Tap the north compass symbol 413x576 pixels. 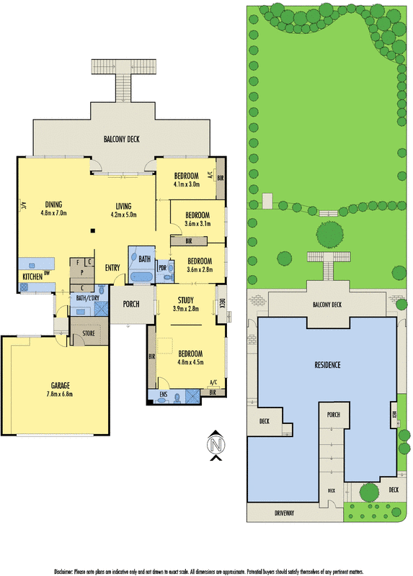coord(214,446)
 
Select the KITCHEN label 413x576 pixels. coord(32,276)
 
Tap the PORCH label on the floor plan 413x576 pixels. coord(130,304)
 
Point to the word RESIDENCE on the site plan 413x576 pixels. coord(328,365)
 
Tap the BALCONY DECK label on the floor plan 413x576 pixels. coord(120,140)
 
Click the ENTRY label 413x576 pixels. coord(112,269)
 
